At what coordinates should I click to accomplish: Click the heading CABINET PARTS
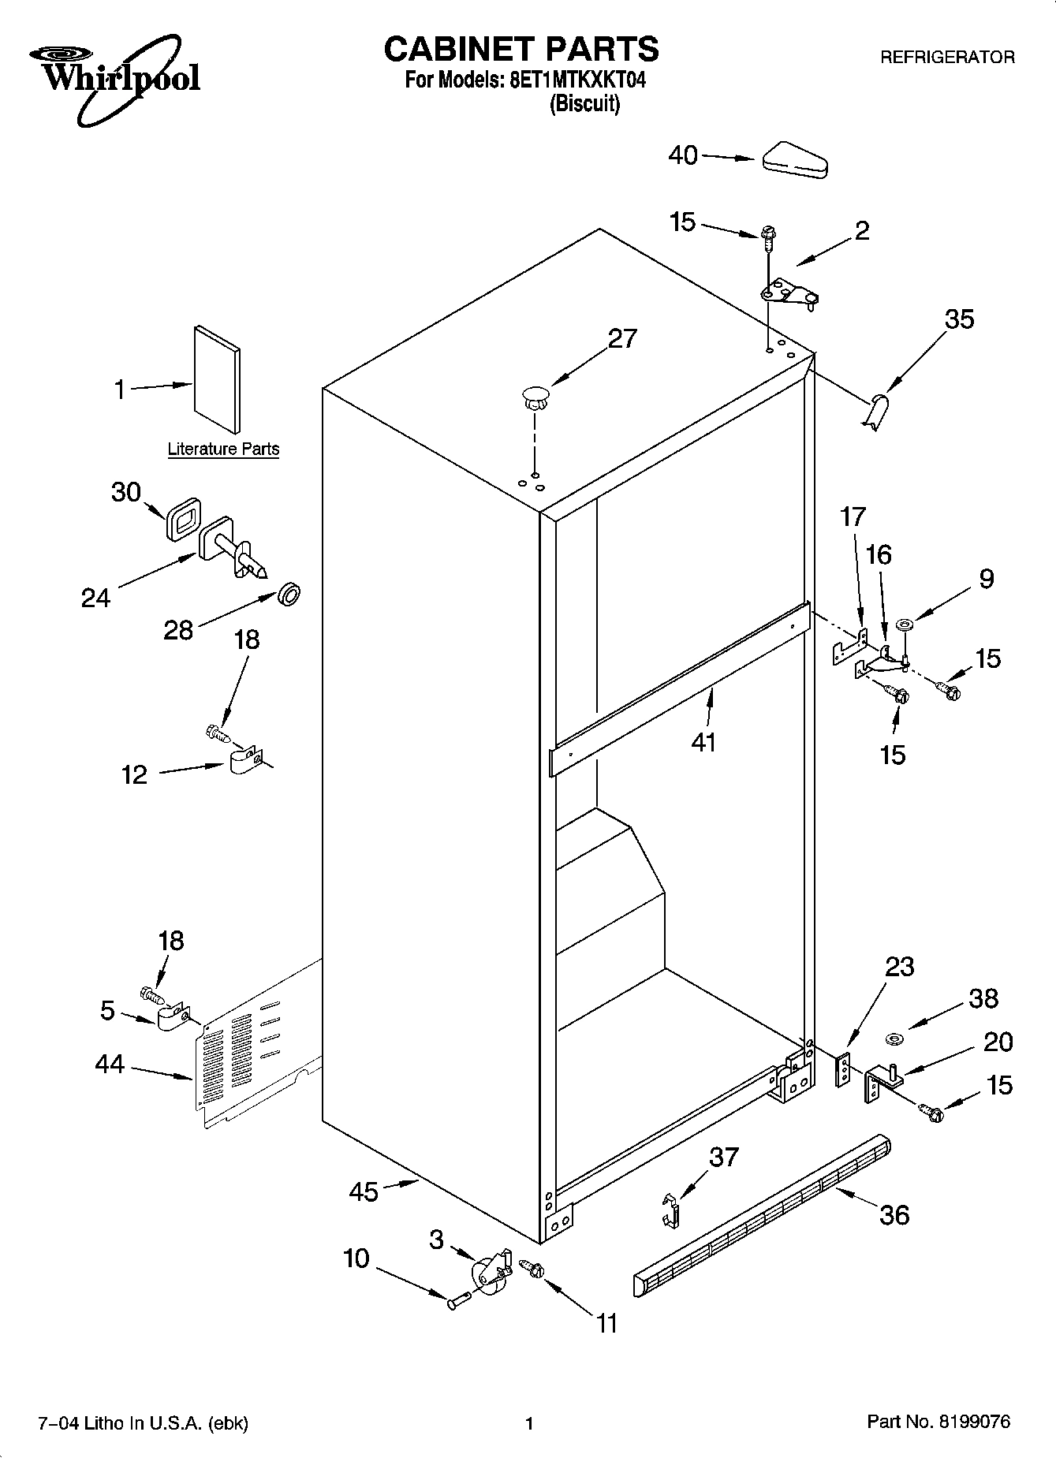[521, 49]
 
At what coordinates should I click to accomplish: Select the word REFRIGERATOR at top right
[946, 58]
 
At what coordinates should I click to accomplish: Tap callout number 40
[683, 155]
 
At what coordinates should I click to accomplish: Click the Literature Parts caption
[223, 449]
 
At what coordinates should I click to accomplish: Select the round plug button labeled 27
[535, 395]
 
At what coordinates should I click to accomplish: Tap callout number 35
[959, 319]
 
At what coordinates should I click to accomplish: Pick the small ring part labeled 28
[289, 595]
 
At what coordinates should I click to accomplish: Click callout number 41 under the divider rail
[703, 742]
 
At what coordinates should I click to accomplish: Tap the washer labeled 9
[904, 625]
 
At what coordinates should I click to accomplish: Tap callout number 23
[899, 967]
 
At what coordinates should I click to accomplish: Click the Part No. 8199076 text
[938, 1423]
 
